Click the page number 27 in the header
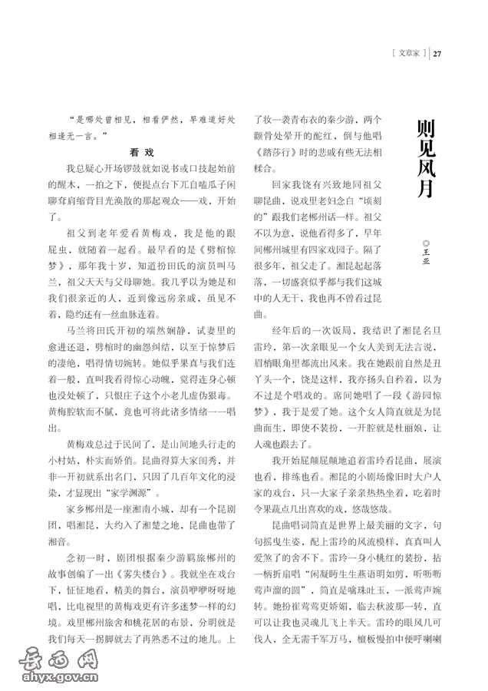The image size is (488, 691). [439, 53]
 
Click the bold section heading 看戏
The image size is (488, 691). [142, 152]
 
